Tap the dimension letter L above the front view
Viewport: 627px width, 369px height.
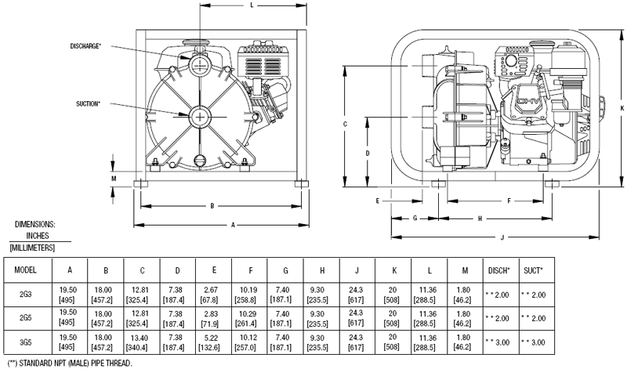251,5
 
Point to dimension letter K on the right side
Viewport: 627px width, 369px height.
621,107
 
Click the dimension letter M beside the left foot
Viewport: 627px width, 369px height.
114,177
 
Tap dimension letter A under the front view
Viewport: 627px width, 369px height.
233,225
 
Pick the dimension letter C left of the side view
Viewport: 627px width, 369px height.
346,125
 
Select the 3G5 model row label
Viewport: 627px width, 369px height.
27,342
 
